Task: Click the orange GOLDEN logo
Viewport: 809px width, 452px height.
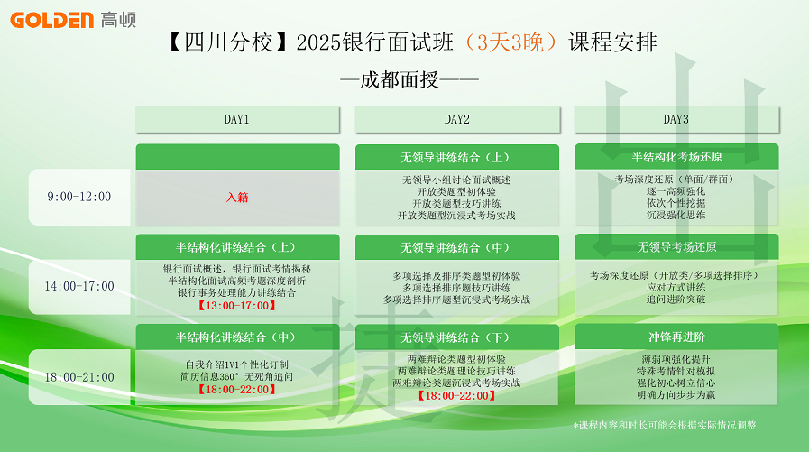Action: (51, 20)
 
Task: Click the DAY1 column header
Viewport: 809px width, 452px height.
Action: (237, 120)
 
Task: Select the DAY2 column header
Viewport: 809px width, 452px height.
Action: (457, 120)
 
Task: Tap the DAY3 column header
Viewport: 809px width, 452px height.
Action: (676, 120)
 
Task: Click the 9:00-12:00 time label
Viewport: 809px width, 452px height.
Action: (79, 197)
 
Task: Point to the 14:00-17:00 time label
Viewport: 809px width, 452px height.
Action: (79, 286)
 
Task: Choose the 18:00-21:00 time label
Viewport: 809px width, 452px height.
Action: (79, 377)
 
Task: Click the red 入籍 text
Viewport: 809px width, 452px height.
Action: (237, 197)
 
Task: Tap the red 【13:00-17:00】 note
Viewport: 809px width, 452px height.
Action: (237, 306)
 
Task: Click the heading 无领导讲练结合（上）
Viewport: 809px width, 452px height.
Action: (456, 157)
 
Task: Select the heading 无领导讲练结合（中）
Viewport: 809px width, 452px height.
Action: (456, 248)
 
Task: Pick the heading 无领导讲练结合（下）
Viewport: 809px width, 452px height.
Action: (456, 337)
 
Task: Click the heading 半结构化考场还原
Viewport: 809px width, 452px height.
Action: (676, 157)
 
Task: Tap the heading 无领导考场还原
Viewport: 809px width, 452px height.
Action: (676, 247)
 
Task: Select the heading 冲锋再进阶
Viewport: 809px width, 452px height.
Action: (676, 337)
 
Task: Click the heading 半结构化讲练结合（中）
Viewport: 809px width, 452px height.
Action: (237, 337)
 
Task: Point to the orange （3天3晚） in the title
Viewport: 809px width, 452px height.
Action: (510, 42)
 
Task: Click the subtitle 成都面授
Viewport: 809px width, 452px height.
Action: (400, 80)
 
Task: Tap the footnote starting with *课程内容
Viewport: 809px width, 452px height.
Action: (665, 425)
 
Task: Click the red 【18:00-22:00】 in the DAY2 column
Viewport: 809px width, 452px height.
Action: (456, 396)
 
